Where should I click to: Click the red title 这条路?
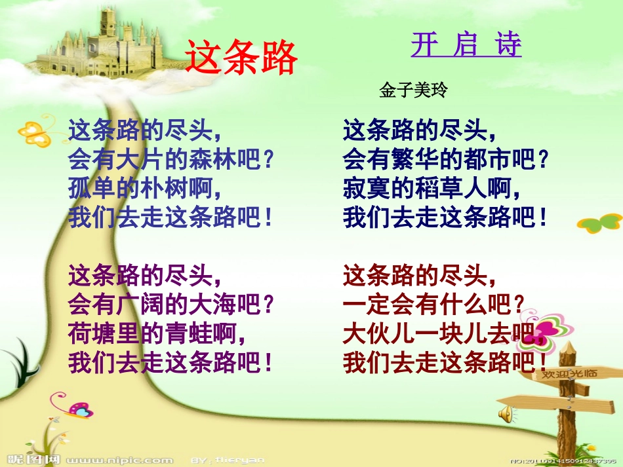241,56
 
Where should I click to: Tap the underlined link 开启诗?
466,45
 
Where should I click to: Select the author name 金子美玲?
412,90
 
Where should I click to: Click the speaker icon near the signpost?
507,413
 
